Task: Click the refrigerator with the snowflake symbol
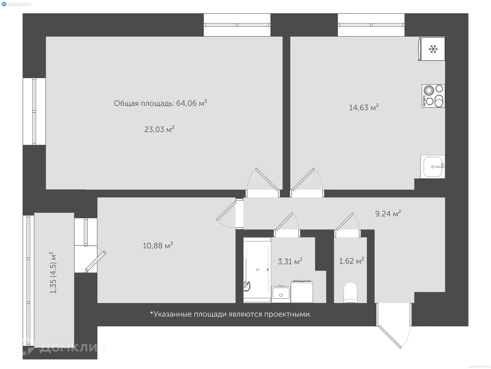point(433,49)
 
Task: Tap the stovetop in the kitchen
point(433,96)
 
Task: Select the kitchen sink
point(433,167)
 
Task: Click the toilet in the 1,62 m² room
point(350,292)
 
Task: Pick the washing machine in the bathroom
point(302,292)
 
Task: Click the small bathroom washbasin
point(281,294)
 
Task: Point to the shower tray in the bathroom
point(257,270)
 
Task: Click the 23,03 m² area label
point(159,129)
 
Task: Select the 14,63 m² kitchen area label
point(364,107)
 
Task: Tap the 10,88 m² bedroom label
point(158,245)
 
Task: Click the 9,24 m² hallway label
point(388,213)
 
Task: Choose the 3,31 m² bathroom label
point(290,261)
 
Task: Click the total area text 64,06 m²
point(160,103)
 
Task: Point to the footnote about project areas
point(230,314)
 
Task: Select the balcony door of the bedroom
point(95,261)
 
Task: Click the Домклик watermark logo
point(61,347)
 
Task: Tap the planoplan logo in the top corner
point(17,4)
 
